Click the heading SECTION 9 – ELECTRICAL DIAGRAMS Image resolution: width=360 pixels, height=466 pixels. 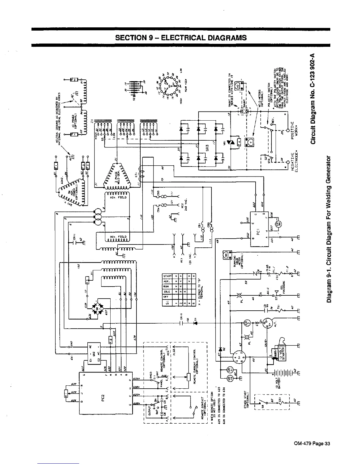click(x=181, y=38)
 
